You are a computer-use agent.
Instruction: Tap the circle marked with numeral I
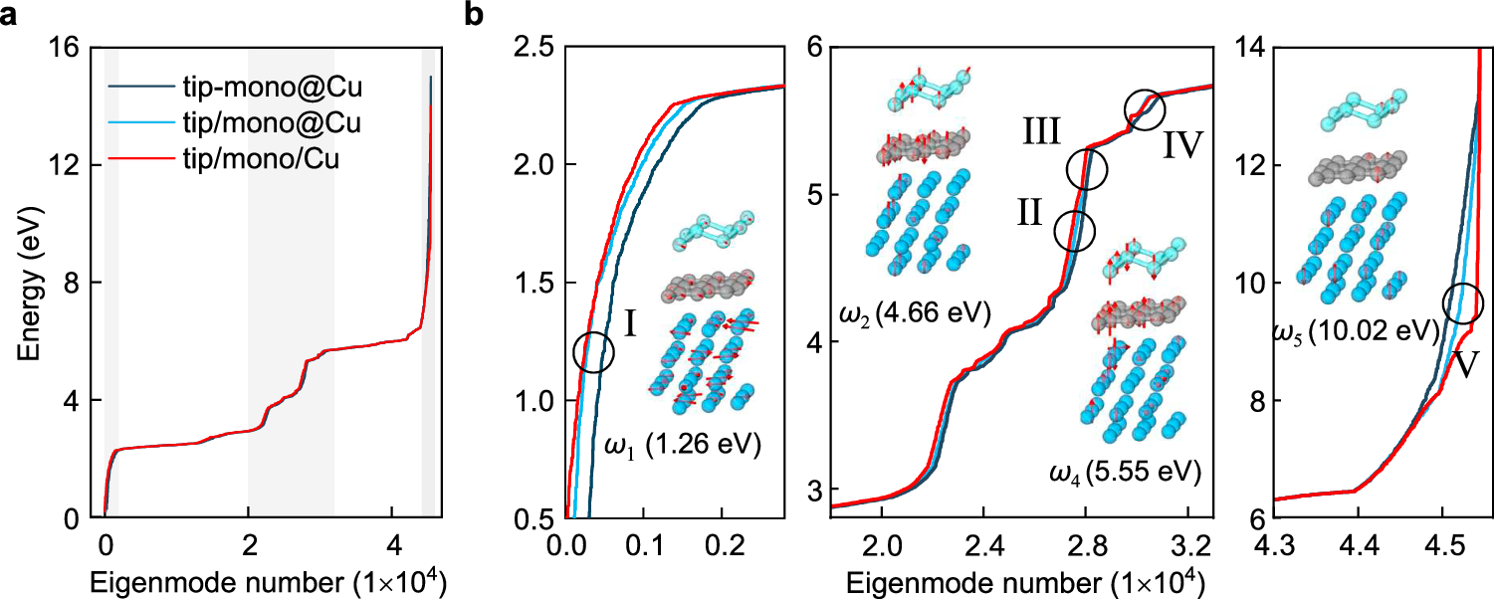point(594,351)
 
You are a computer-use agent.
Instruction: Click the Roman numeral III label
point(1041,132)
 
